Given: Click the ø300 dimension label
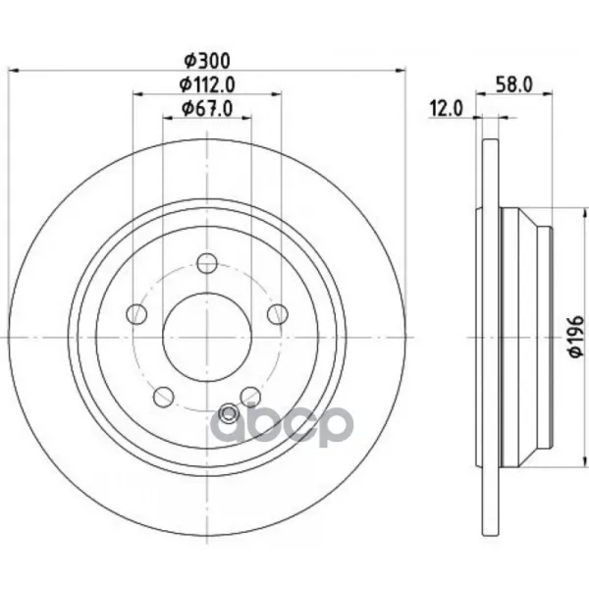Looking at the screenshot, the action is (206, 61).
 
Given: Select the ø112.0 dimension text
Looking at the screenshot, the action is (207, 84).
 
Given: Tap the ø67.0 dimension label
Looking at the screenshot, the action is (207, 108).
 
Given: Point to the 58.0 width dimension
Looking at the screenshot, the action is (513, 84).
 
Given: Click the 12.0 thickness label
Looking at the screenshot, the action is (447, 109).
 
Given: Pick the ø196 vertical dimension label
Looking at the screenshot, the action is (576, 336).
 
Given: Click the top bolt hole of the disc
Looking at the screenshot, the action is (207, 263).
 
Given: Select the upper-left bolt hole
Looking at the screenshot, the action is (136, 314).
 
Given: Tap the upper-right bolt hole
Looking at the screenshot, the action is (278, 314).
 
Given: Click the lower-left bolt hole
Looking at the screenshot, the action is (164, 397).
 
